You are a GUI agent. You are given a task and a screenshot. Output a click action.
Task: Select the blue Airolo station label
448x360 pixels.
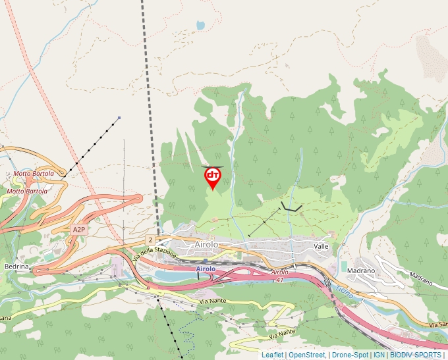(206, 269)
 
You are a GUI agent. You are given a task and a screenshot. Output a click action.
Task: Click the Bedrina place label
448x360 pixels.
(16, 267)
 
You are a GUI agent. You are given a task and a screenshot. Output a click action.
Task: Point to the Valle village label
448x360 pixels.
(322, 245)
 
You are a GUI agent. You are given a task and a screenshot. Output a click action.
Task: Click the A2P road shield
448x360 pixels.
(79, 229)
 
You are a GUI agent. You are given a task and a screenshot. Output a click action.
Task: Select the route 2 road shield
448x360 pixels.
(151, 239)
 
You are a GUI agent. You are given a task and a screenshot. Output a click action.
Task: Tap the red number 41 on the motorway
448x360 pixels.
(279, 279)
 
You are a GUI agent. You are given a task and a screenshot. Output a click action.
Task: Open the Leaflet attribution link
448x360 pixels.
(273, 355)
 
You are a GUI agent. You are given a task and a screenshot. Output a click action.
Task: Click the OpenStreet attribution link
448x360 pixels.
(307, 355)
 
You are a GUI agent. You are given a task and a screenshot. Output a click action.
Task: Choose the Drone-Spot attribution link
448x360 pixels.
(350, 355)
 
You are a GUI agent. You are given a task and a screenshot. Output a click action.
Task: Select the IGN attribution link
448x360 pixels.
(379, 355)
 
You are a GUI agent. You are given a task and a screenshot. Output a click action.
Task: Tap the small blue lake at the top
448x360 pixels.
(200, 26)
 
